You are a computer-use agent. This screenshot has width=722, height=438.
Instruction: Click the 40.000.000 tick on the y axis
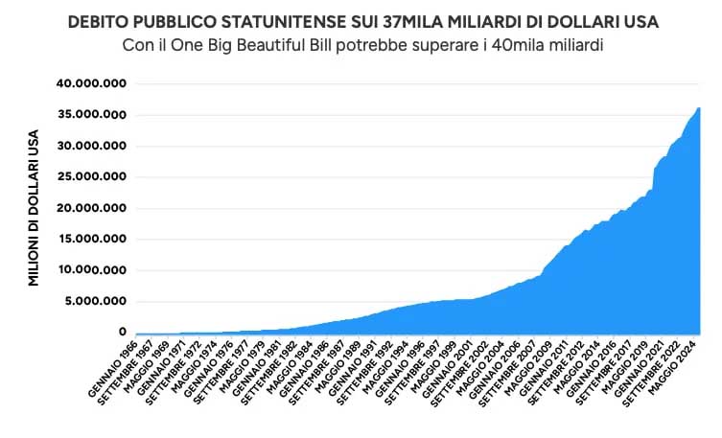(93, 83)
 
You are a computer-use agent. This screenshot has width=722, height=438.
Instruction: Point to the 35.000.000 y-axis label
(93, 115)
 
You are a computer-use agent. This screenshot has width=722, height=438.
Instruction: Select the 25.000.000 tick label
(93, 177)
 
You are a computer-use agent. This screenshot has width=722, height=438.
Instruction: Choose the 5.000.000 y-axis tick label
(96, 301)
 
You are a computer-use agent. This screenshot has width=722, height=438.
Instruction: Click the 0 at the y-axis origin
(123, 332)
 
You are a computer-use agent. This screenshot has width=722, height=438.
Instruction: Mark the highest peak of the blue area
(699, 108)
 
